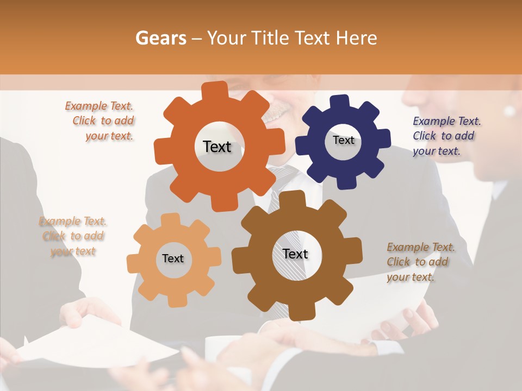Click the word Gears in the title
(161, 38)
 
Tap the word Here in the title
(356, 38)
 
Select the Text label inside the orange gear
(217, 147)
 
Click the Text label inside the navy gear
(343, 140)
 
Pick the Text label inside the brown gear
(295, 254)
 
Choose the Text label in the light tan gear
(173, 258)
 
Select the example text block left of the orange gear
(101, 121)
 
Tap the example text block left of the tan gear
(73, 236)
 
